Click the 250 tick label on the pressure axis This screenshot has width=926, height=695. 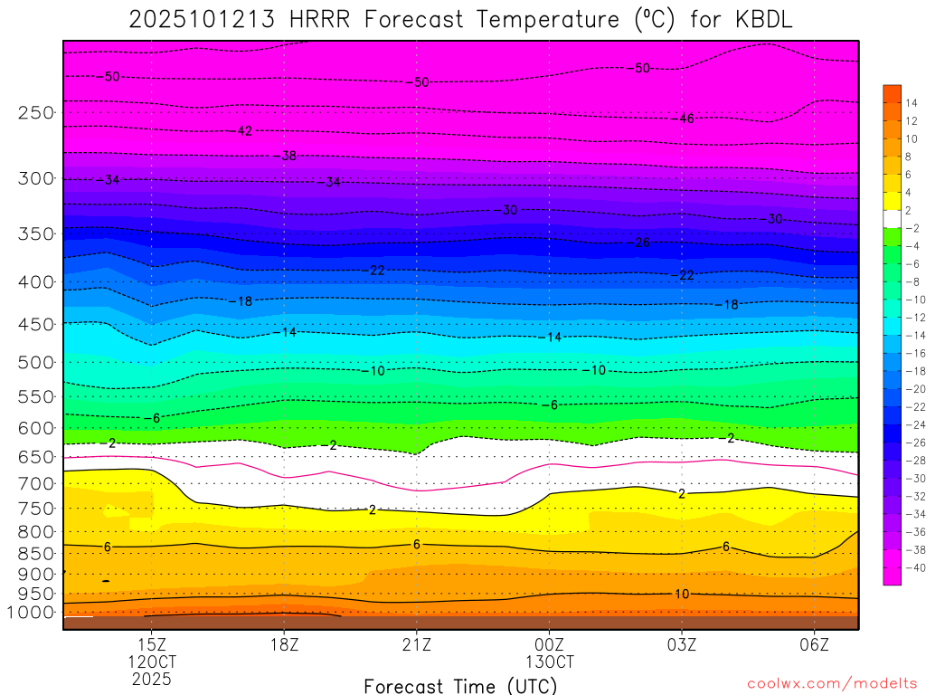coord(35,113)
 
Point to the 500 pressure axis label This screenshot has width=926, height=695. coord(35,363)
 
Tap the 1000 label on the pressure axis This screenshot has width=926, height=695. coord(32,613)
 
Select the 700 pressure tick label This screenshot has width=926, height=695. coord(35,483)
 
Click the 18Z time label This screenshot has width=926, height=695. coord(284,643)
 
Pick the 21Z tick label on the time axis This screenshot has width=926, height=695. coord(416,643)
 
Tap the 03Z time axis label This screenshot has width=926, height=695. coord(681,643)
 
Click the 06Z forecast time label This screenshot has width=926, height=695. coord(814,643)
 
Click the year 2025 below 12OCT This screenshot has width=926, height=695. coord(151,678)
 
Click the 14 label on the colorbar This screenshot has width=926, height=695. coord(912,102)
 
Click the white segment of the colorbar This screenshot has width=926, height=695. coord(893,218)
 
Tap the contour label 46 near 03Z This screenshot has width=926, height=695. coord(686,118)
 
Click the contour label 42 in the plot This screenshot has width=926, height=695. coord(244,131)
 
